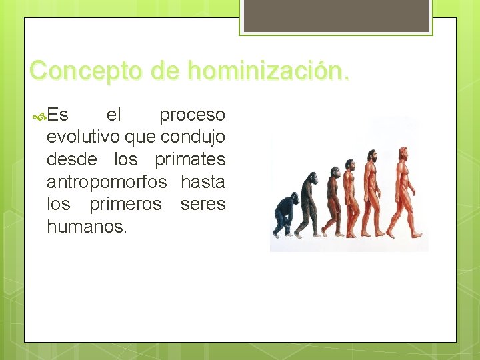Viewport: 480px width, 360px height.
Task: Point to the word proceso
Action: point(192,116)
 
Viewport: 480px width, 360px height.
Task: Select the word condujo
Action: point(193,137)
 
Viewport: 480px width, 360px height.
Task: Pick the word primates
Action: point(190,160)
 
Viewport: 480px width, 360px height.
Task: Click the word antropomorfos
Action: point(107,182)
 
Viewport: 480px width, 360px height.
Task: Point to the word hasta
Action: point(203,182)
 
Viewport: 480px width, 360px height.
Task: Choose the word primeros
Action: point(125,204)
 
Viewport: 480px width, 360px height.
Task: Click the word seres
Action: point(203,204)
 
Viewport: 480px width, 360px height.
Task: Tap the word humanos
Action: point(86,227)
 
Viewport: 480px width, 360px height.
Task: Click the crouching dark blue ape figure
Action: point(285,213)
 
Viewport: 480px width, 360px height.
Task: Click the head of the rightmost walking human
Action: point(403,153)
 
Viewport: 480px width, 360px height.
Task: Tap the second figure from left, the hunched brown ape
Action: point(309,203)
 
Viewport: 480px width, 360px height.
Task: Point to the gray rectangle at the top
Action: point(335,15)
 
